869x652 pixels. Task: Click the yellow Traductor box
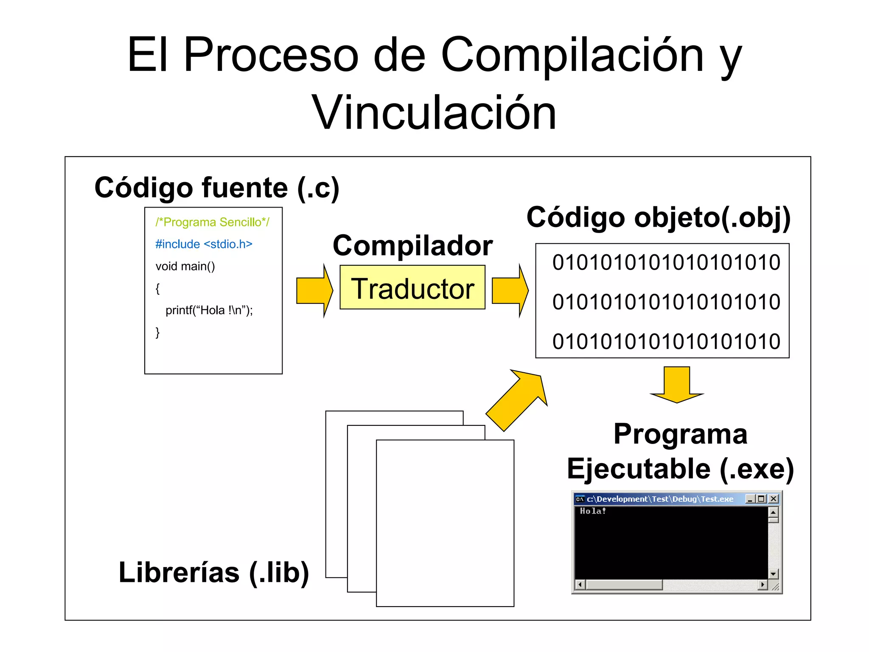(412, 287)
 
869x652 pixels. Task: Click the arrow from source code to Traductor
(314, 291)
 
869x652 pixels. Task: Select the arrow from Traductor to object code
(510, 291)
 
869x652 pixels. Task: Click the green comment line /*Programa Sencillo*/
(212, 222)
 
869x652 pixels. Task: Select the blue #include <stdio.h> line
(204, 244)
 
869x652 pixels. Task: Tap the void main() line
(185, 266)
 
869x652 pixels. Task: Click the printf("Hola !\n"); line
(209, 310)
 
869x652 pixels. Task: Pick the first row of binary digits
(666, 262)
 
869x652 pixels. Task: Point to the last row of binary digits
(666, 341)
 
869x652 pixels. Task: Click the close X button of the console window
(774, 499)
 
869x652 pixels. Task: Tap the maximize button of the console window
(762, 499)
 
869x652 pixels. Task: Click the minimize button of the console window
(750, 499)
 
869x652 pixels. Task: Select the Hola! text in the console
(593, 511)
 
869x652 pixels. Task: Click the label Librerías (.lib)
(214, 573)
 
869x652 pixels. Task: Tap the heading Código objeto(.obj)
(659, 217)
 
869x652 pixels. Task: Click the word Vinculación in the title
(434, 112)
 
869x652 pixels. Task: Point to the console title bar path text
(660, 499)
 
